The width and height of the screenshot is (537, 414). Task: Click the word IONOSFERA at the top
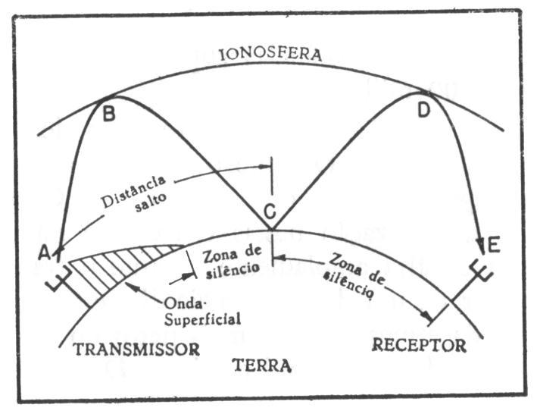tap(270, 55)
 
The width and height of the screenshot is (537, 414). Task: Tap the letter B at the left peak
tap(109, 115)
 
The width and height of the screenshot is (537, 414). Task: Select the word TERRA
tap(261, 365)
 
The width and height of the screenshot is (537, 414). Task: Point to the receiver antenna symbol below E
tap(476, 274)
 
